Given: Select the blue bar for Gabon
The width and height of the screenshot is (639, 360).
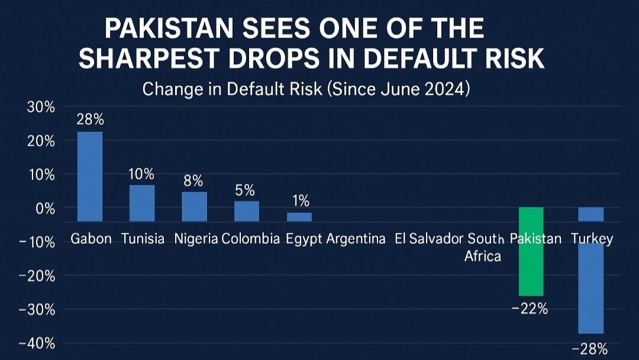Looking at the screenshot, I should [x=90, y=175].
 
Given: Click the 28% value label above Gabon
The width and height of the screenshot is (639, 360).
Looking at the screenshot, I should [x=90, y=120].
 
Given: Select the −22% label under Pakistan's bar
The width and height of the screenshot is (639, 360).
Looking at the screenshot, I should [x=530, y=308].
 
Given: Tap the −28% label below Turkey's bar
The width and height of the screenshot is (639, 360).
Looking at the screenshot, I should [x=590, y=348].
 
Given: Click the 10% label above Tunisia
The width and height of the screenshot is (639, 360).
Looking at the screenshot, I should [x=142, y=174].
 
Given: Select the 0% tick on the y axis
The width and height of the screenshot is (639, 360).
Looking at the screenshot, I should [x=44, y=208].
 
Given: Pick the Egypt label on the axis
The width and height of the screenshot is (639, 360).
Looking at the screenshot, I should [x=304, y=239].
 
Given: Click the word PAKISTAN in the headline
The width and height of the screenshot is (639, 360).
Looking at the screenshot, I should [x=171, y=29].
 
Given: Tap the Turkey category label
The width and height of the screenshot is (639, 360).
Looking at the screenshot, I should [x=592, y=239].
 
